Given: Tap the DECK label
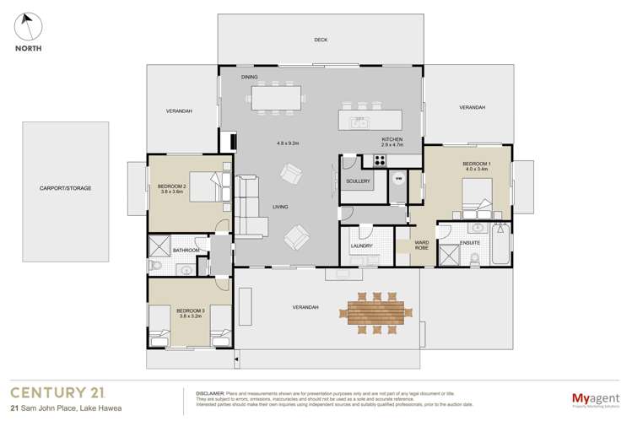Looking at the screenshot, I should (x=321, y=40).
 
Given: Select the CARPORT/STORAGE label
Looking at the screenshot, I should (x=65, y=188).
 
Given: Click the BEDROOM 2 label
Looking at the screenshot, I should (x=172, y=186).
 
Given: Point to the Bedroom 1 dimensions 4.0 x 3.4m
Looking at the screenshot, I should (x=475, y=170).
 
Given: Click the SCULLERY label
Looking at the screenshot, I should (x=359, y=181).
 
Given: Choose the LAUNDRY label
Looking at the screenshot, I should (x=362, y=246).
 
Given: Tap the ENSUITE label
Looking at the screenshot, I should (x=470, y=243).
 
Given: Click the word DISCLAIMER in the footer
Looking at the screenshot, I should (x=209, y=393).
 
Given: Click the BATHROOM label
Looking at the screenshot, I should (x=186, y=251).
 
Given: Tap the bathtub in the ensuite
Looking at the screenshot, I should (x=500, y=244).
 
